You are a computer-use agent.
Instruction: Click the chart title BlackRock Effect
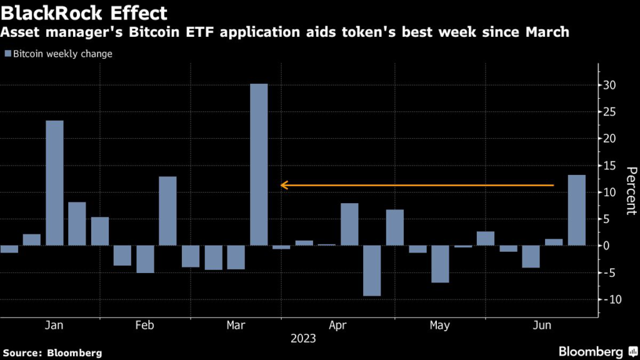84,13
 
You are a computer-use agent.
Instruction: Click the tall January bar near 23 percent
54,182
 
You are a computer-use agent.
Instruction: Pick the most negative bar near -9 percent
372,270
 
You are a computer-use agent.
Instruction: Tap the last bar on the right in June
577,210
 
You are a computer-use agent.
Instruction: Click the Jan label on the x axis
54,326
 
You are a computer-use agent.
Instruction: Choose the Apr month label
337,326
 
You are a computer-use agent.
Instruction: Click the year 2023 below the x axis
303,339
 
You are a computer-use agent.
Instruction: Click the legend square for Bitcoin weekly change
7,54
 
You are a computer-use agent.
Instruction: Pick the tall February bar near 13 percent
167,211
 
